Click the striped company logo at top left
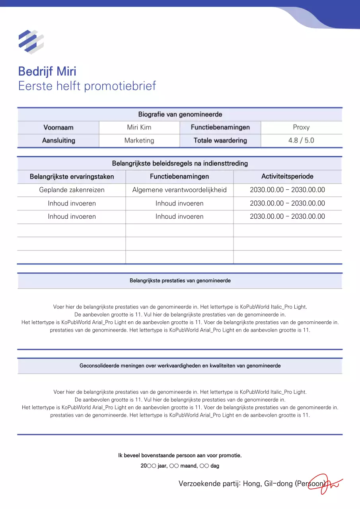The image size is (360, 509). pos(31,41)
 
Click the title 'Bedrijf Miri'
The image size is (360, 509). pos(47,72)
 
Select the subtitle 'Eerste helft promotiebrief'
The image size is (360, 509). pos(87,86)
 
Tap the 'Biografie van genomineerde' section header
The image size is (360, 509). pos(180,115)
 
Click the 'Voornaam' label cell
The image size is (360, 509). pos(58,128)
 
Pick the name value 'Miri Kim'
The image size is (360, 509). pos(139,128)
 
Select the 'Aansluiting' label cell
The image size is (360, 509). pos(58,140)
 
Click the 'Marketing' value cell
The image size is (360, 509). pos(139,140)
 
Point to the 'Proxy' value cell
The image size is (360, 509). pos(301,128)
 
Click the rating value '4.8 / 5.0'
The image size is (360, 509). pos(301,140)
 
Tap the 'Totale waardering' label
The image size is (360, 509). pos(220,140)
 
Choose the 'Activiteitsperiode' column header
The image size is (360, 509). pos(287,176)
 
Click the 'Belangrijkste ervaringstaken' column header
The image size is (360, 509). pos(72,177)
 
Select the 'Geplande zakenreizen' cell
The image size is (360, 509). pos(72,190)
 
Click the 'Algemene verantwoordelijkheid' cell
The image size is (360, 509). pos(179,190)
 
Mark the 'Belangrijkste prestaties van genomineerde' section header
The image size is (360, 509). pos(180,281)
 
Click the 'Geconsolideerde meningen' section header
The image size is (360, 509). pos(180,366)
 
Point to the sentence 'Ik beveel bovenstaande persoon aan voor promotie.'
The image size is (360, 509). pos(180,455)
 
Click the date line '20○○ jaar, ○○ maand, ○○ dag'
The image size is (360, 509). pos(180,466)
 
